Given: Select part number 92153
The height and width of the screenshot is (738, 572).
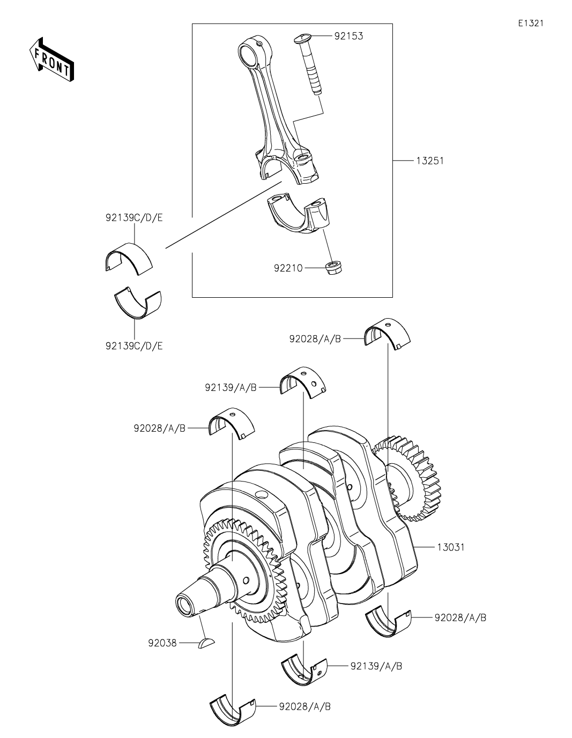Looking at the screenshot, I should pos(348,36).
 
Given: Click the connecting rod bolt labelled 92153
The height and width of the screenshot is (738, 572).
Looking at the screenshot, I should pos(309,64).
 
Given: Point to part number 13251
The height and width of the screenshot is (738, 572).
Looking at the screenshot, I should pos(429,161).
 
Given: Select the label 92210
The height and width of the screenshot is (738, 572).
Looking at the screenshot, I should pos(288,267).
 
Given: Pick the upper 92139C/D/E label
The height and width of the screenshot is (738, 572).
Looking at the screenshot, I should pos(134,218).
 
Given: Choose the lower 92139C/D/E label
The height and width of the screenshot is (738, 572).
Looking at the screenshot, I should pos(134,345).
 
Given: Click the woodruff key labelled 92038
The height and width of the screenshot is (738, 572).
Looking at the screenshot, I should pos(206,643).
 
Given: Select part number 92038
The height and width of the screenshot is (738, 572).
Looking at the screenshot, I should pos(162,643).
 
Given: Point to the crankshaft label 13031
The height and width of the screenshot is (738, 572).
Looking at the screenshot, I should pos(450,547).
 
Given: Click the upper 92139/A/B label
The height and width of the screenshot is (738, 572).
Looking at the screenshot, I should pos(231,387).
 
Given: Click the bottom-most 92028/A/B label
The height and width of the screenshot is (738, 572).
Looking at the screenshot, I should pos(304,706).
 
